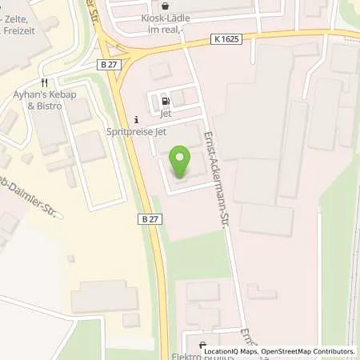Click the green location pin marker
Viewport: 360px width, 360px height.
(182, 164)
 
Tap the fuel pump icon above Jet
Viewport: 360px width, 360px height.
(166, 102)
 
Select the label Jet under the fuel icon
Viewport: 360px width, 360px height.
(166, 114)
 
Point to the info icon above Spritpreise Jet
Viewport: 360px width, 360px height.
(135, 120)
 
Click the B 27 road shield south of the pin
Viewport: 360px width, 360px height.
(146, 218)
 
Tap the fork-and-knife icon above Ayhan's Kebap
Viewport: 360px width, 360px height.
(45, 82)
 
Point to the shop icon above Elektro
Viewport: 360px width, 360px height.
(203, 337)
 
